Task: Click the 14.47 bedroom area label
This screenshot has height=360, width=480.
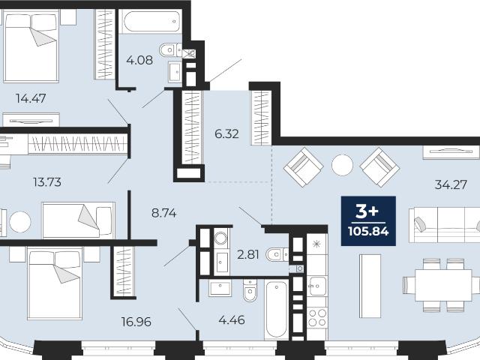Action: coord(31,98)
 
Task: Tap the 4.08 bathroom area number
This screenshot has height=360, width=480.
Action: coord(139,60)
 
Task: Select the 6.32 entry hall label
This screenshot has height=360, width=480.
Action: coord(226,133)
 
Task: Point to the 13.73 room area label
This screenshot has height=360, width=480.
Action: coord(47,182)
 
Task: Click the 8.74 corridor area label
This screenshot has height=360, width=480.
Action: coord(164,213)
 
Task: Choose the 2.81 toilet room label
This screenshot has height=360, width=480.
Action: coord(248,254)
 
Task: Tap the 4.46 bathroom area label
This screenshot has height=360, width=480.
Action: coord(232,320)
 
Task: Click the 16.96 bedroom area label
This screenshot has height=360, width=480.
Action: coord(136,322)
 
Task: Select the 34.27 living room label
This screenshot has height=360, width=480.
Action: coord(451,184)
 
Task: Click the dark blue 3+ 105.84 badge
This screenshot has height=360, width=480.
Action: coord(368,221)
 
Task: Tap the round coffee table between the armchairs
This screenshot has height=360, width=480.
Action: coord(342,165)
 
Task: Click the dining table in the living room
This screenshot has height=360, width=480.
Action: coord(443,285)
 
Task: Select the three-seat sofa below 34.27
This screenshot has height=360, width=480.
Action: coord(445,225)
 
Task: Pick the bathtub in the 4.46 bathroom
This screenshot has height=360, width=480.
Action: coord(277,309)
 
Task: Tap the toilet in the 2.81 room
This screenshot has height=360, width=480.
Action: coord(277,254)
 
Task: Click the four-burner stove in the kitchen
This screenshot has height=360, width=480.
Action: coord(317,317)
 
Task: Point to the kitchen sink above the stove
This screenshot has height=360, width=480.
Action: coord(317,286)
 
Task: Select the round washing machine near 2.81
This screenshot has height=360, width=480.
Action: coord(220,237)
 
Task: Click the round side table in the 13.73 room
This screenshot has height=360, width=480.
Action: coord(20,222)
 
